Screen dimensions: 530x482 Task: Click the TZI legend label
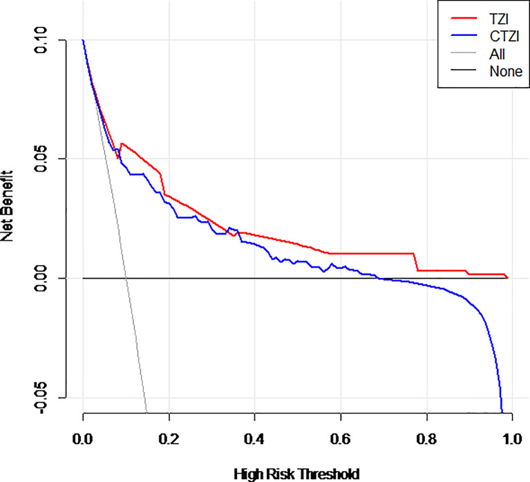(x=499, y=19)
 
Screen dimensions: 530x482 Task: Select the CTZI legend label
(x=504, y=36)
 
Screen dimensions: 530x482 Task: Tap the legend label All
(x=497, y=54)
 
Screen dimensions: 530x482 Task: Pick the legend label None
(x=506, y=71)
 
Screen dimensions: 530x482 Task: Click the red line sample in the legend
(x=464, y=18)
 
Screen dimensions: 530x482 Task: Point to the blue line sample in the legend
(x=464, y=35)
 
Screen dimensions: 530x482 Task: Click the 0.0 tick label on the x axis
(x=82, y=439)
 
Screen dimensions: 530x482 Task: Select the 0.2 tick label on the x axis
(x=169, y=439)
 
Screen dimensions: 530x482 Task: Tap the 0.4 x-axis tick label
(x=254, y=439)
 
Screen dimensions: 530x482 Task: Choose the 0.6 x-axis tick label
(x=341, y=439)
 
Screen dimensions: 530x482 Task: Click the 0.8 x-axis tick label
(x=426, y=439)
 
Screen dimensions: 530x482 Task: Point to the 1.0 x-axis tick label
(x=512, y=439)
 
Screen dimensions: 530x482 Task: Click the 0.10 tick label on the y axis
(x=41, y=40)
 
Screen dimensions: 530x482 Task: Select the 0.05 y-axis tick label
(x=41, y=158)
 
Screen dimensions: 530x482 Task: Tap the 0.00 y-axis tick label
(x=41, y=278)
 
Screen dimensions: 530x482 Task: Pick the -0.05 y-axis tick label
(x=41, y=398)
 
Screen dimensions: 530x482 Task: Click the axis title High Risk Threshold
(x=296, y=474)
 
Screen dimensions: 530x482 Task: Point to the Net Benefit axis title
(x=7, y=206)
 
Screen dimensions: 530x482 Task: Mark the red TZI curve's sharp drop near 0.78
(x=416, y=262)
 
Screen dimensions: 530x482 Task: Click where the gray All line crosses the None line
(x=126, y=278)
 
